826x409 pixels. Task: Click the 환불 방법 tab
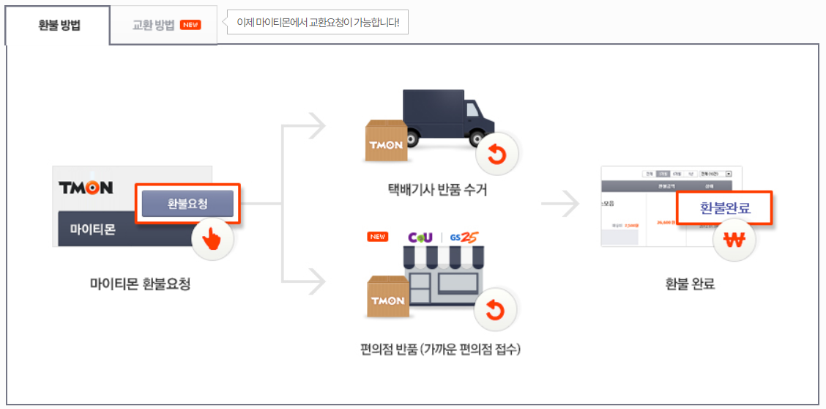59,25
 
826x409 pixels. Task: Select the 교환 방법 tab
154,25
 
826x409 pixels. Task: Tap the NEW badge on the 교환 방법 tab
191,25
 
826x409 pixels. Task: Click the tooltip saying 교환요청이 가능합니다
317,23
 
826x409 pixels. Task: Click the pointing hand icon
212,239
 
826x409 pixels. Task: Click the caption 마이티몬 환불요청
140,284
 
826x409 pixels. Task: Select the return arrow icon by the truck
496,155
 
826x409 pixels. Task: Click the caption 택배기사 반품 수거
437,191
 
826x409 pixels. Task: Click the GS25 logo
465,237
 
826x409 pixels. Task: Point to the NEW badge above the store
378,237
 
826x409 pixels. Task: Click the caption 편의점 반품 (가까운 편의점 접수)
437,349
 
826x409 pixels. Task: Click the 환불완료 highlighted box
725,209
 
